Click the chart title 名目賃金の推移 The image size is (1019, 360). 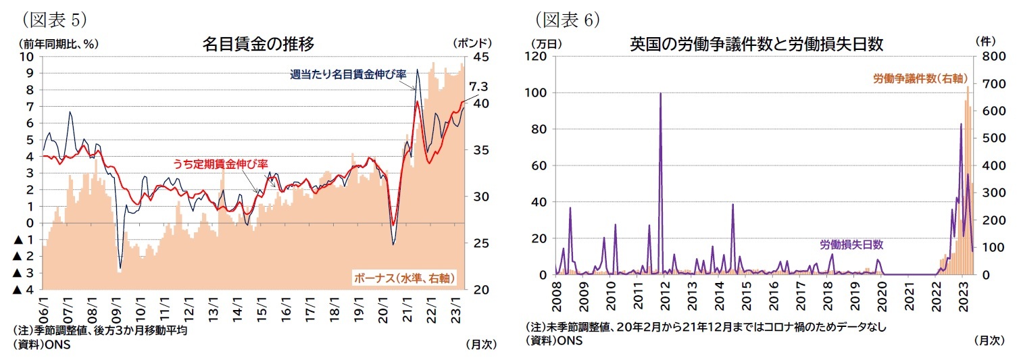(258, 45)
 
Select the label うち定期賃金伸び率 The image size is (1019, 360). (221, 163)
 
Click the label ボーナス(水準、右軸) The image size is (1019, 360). (403, 278)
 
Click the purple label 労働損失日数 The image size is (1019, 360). (851, 245)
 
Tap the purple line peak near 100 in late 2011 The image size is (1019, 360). (660, 94)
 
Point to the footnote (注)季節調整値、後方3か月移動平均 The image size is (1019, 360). (99, 331)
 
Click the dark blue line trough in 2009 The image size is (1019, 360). (120, 269)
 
